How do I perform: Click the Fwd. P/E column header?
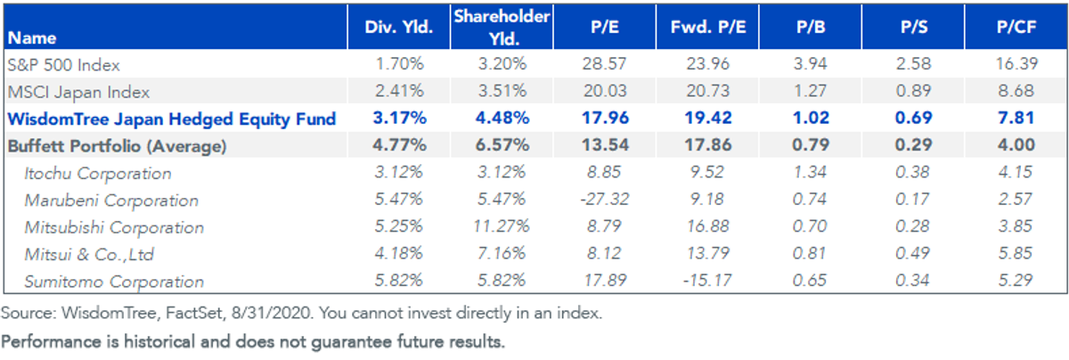pyautogui.click(x=707, y=28)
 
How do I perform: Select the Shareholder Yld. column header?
pyautogui.click(x=502, y=28)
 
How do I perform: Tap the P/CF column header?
pyautogui.click(x=1016, y=28)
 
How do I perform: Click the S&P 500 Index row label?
pyautogui.click(x=64, y=64)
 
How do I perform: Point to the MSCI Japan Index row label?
pyautogui.click(x=78, y=92)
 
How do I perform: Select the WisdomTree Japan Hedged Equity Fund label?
pyautogui.click(x=172, y=119)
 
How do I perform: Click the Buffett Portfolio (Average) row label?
pyautogui.click(x=117, y=146)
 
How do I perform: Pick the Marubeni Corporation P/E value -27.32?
pyautogui.click(x=604, y=199)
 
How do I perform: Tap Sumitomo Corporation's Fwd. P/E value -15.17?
pyautogui.click(x=707, y=281)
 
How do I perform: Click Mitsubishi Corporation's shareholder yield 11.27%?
pyautogui.click(x=502, y=226)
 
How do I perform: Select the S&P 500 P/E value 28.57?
pyautogui.click(x=604, y=63)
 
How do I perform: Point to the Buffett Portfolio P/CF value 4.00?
pyautogui.click(x=1016, y=144)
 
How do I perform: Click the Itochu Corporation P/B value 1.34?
pyautogui.click(x=810, y=172)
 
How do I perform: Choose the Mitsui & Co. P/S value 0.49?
pyautogui.click(x=912, y=253)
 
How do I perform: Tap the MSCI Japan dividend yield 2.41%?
pyautogui.click(x=399, y=91)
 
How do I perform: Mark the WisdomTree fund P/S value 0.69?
pyautogui.click(x=913, y=118)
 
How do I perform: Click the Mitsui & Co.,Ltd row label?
pyautogui.click(x=89, y=255)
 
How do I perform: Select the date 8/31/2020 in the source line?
pyautogui.click(x=272, y=313)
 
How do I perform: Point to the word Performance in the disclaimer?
pyautogui.click(x=51, y=342)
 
